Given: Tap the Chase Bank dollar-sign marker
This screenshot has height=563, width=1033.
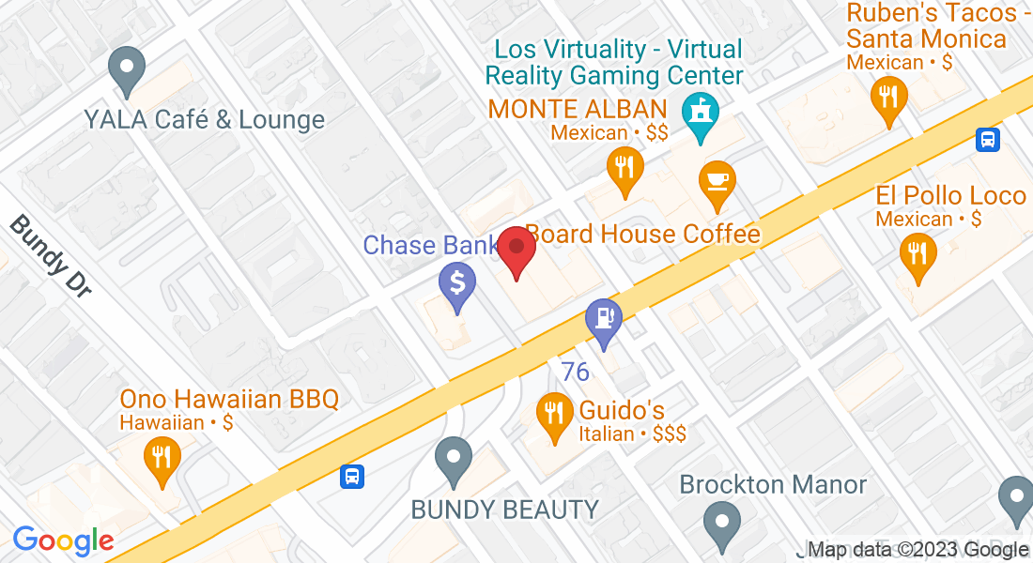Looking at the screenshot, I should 457,283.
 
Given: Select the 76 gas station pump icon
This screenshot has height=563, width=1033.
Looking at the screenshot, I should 603,319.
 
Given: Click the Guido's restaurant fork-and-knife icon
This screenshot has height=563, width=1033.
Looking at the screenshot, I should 555,414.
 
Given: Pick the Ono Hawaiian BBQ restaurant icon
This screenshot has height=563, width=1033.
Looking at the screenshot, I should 162,458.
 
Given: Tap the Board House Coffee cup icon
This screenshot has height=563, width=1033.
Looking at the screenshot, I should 718,180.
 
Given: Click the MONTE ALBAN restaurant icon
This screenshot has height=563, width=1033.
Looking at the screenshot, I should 624,168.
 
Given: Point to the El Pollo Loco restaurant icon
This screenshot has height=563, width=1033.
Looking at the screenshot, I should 917,253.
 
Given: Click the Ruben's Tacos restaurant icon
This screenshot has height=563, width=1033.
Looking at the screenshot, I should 887,97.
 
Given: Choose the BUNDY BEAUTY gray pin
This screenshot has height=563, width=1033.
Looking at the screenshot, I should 454,460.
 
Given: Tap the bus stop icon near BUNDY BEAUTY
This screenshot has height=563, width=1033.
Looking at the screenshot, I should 352,476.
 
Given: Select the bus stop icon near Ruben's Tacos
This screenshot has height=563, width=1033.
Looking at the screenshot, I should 988,140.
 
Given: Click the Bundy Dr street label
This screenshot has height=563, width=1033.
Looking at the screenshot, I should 54,256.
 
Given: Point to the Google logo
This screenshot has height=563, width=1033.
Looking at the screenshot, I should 63,540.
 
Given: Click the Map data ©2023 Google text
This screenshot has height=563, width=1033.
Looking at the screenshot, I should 917,550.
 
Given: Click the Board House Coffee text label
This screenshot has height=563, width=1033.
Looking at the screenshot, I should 643,234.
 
